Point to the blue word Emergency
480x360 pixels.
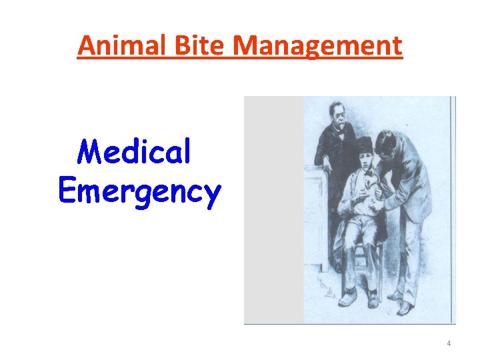click(139, 192)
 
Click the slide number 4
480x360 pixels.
click(449, 343)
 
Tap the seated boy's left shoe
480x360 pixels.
click(347, 297)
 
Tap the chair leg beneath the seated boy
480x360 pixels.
click(374, 273)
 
